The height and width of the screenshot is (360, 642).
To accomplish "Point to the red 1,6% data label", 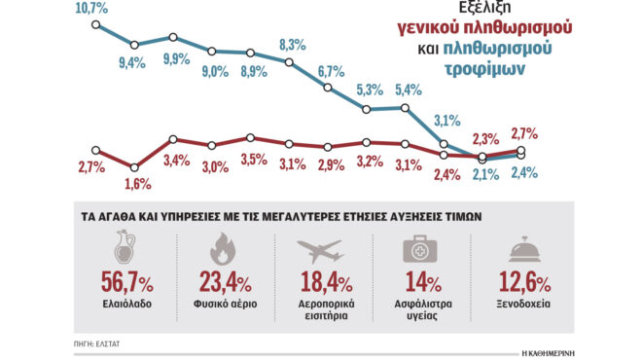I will [137, 183].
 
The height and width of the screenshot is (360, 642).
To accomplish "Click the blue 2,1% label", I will [483, 174].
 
